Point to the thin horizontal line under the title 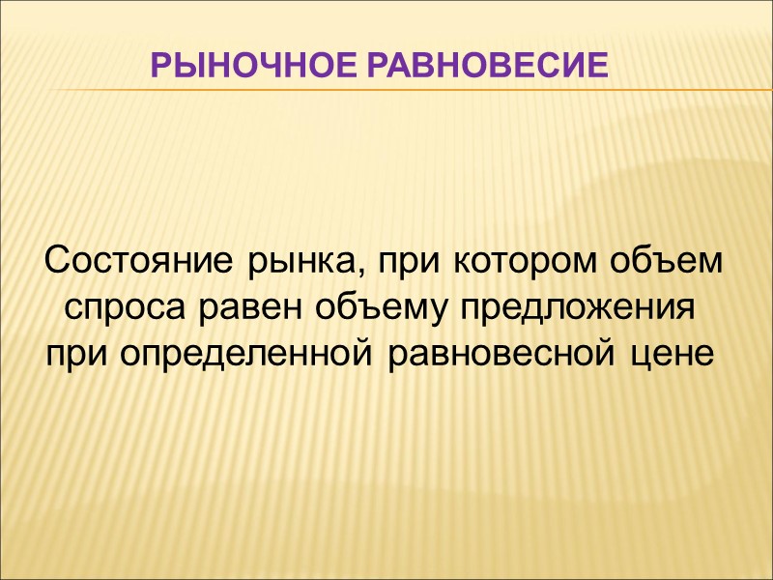tap(386, 90)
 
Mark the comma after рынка tap(367, 273)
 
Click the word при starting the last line tap(78, 357)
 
